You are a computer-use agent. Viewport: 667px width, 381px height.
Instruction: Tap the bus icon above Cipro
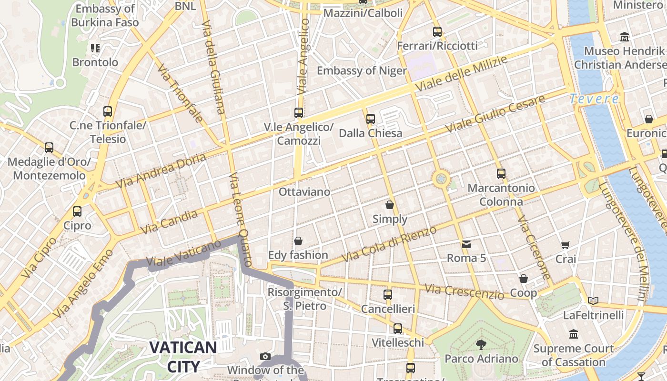(x=77, y=211)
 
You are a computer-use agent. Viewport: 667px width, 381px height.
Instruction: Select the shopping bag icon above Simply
(x=390, y=205)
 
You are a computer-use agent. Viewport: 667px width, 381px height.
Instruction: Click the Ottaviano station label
(x=304, y=192)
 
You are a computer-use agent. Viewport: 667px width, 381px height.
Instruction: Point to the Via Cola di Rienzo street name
(x=389, y=243)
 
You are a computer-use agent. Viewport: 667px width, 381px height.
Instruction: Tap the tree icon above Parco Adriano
(x=481, y=344)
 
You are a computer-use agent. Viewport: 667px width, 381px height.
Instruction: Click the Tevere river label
(x=595, y=99)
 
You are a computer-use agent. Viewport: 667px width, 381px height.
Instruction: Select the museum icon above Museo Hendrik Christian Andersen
(x=624, y=37)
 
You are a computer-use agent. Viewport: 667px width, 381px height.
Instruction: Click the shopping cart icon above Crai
(x=566, y=245)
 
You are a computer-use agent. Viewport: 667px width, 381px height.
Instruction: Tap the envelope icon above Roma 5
(x=466, y=244)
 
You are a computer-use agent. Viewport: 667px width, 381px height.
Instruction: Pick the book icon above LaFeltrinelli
(x=593, y=301)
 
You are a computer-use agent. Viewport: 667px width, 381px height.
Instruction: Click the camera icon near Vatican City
(x=265, y=356)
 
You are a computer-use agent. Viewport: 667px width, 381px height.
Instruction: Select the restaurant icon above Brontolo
(x=95, y=48)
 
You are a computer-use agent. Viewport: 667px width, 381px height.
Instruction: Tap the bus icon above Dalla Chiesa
(x=370, y=119)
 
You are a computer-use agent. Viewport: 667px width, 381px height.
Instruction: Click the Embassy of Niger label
(x=362, y=71)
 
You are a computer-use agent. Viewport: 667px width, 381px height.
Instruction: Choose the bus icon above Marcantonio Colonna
(x=501, y=174)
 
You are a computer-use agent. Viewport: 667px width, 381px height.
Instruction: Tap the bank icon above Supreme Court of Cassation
(x=574, y=334)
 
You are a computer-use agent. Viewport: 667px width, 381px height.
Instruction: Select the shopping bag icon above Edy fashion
(x=298, y=241)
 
